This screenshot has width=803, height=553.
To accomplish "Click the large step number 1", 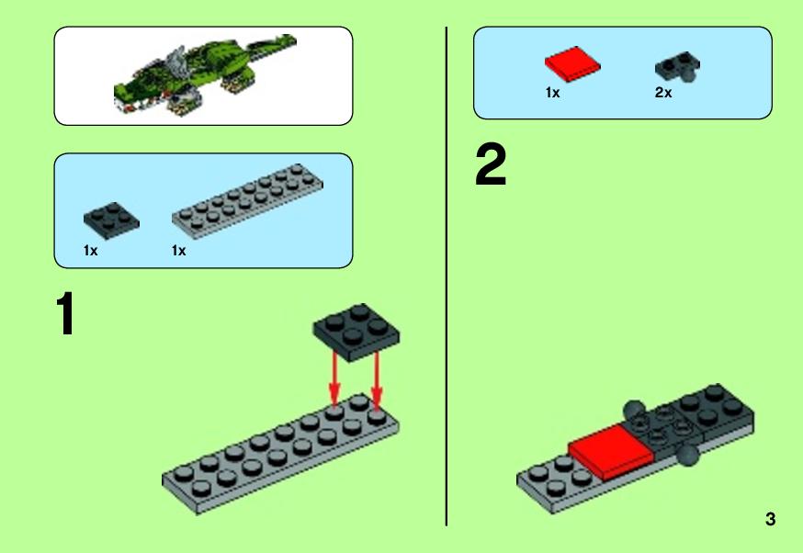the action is (66, 313).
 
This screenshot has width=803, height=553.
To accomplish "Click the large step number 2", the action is (491, 164).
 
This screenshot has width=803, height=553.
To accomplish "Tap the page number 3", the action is (770, 519).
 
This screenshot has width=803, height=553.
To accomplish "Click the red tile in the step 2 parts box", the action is (572, 64).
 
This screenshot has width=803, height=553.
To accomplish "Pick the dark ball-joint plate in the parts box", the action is (677, 67).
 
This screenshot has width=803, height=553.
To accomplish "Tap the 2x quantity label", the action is (663, 93).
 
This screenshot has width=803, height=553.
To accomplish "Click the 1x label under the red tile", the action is (552, 93).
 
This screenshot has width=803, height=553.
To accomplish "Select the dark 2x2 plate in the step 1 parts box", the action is (111, 220).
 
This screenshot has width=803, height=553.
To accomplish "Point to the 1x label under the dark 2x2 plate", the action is (90, 251).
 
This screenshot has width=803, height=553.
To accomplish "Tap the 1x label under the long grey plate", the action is (179, 251).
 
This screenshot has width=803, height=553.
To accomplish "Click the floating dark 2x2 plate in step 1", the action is (356, 333).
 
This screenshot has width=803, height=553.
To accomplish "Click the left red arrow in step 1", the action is (334, 378).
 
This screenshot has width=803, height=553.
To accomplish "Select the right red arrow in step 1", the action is (377, 381).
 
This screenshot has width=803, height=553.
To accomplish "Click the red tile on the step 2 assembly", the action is (610, 452).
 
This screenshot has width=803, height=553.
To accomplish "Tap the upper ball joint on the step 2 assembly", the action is (634, 410).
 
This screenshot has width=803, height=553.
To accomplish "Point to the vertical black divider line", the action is (446, 276).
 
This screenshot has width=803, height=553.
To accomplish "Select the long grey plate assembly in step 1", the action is (280, 454).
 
